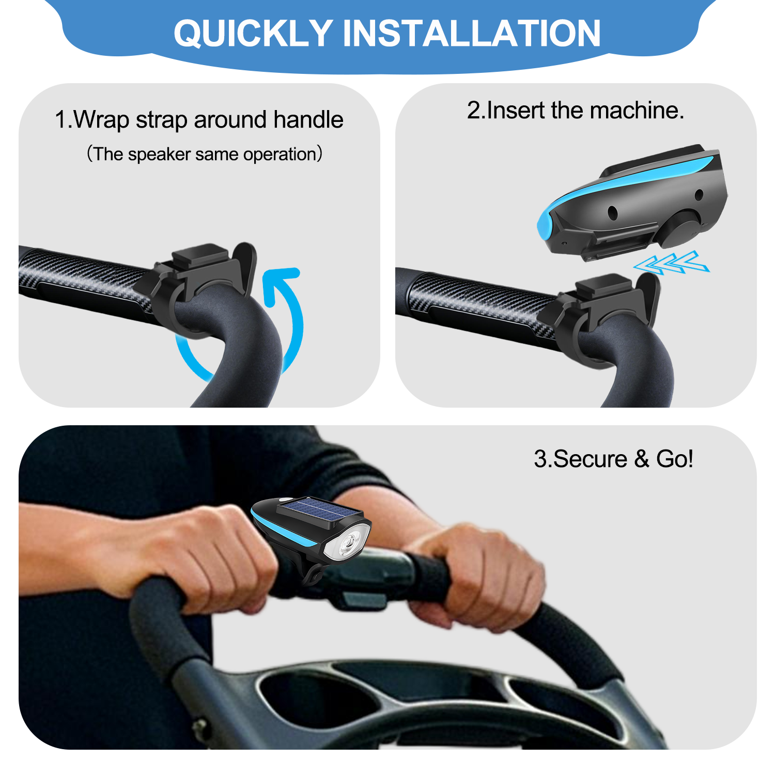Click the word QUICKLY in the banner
coord(253,34)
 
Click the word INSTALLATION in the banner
coord(472,34)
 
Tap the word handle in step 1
coord(308,119)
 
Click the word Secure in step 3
coord(588,459)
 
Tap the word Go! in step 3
coord(674,459)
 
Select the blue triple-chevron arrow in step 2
coord(672,262)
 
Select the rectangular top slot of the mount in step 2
coord(603,287)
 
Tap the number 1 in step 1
coord(61,120)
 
